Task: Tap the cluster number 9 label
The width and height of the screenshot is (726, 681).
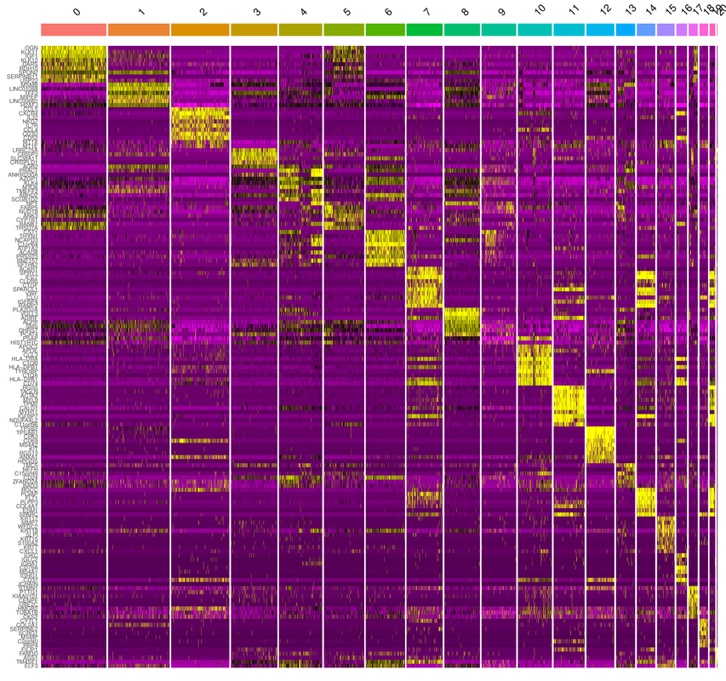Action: [501, 13]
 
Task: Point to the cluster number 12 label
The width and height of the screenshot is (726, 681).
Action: [603, 12]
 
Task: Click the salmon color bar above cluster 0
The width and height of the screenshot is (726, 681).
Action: [73, 30]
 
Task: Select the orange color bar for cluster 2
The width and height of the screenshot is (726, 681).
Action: [200, 30]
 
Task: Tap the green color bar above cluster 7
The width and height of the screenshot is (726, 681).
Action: [425, 30]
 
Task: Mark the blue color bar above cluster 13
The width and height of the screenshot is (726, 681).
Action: [626, 30]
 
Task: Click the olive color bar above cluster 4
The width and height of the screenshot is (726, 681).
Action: [300, 30]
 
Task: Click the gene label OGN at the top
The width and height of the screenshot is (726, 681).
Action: [31, 48]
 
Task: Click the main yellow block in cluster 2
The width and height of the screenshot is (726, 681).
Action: [200, 126]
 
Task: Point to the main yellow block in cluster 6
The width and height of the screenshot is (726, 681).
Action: [385, 249]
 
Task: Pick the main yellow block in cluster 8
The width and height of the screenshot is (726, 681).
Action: [462, 323]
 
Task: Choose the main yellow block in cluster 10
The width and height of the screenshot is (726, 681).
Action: [534, 364]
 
